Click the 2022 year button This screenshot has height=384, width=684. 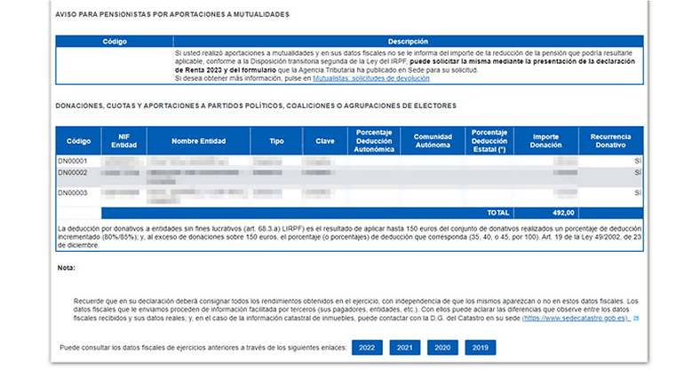click(367, 348)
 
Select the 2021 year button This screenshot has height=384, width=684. click(405, 348)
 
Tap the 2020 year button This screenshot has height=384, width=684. click(442, 348)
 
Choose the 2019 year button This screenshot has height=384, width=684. click(480, 348)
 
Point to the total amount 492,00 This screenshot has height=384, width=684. click(564, 213)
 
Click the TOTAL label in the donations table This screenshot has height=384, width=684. click(498, 213)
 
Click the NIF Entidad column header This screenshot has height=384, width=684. click(123, 141)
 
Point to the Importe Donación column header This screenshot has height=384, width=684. click(545, 141)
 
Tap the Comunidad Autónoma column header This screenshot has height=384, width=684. click(433, 141)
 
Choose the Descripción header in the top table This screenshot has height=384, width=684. click(408, 42)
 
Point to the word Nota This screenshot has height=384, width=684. click(67, 267)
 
